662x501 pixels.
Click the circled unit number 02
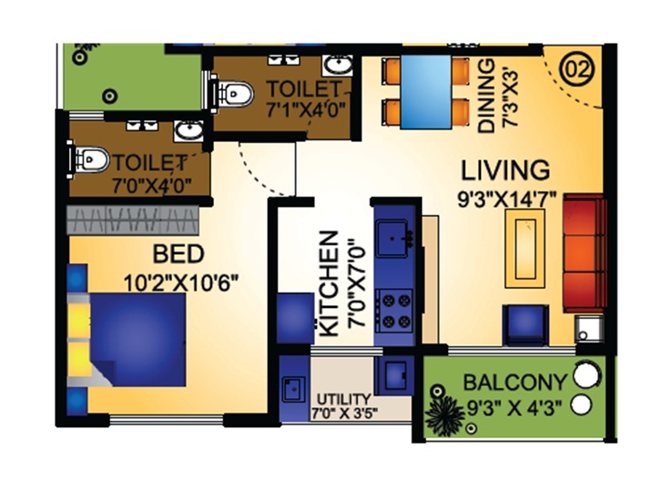click(575, 69)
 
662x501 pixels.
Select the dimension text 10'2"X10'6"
click(180, 281)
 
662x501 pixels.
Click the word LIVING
click(504, 170)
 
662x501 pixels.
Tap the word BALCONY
click(514, 381)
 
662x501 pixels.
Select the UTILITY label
click(342, 399)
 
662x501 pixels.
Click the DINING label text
click(486, 97)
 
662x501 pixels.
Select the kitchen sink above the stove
click(394, 238)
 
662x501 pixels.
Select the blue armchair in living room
click(525, 323)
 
